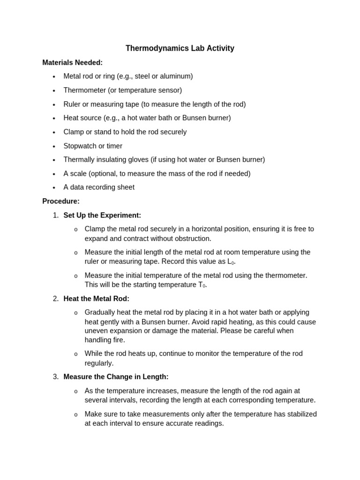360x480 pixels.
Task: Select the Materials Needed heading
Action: (72, 62)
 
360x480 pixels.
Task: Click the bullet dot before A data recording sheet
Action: (54, 187)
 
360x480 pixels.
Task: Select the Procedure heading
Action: (61, 201)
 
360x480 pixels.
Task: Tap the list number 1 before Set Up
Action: (55, 215)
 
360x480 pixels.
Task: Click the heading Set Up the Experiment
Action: (102, 215)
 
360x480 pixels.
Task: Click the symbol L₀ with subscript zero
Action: (230, 262)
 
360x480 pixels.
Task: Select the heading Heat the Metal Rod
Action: (96, 299)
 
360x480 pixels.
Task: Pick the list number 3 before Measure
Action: (55, 377)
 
